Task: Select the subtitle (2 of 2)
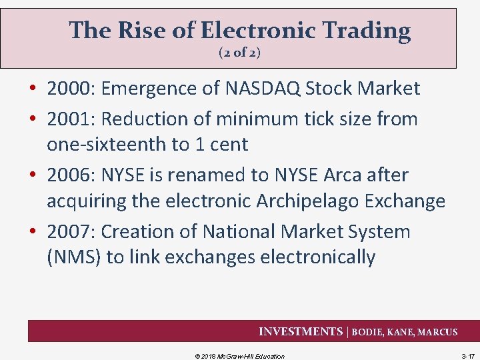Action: pos(239,53)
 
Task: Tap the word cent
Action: pos(227,144)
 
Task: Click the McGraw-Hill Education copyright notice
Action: pos(239,356)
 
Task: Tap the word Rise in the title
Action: pos(133,30)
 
